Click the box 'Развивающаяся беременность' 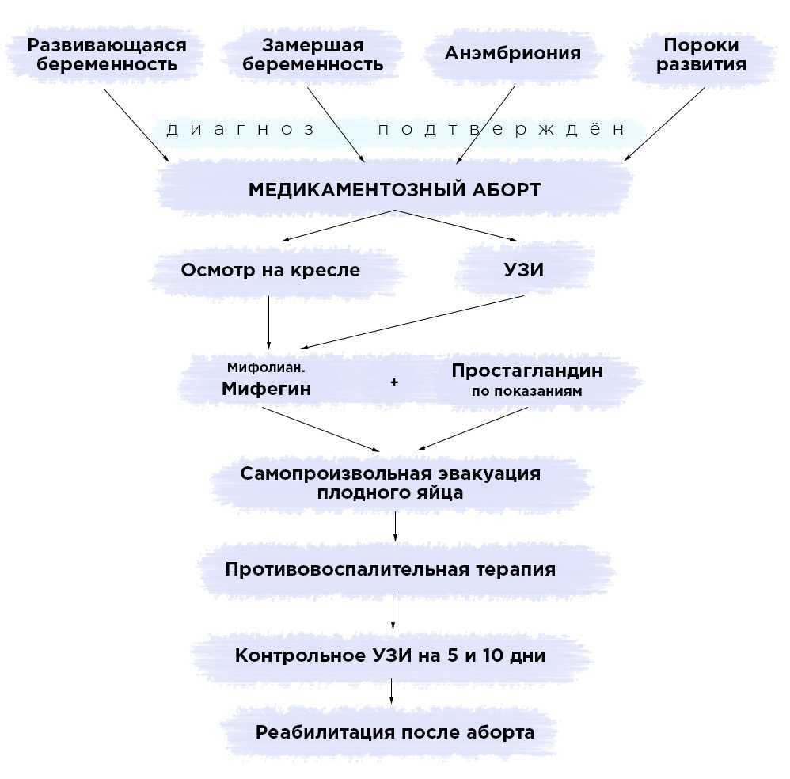107,55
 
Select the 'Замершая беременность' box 313,55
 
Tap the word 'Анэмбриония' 512,54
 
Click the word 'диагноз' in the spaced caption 241,130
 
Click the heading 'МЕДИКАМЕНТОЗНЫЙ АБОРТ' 394,190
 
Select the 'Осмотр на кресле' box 270,270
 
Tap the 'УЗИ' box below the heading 524,270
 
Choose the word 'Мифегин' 266,389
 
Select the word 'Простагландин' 526,370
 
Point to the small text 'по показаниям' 526,391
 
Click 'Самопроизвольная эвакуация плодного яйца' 391,483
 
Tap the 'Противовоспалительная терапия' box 390,569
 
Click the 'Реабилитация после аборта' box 394,732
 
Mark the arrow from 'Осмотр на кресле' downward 269,321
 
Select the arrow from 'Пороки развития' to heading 665,123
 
